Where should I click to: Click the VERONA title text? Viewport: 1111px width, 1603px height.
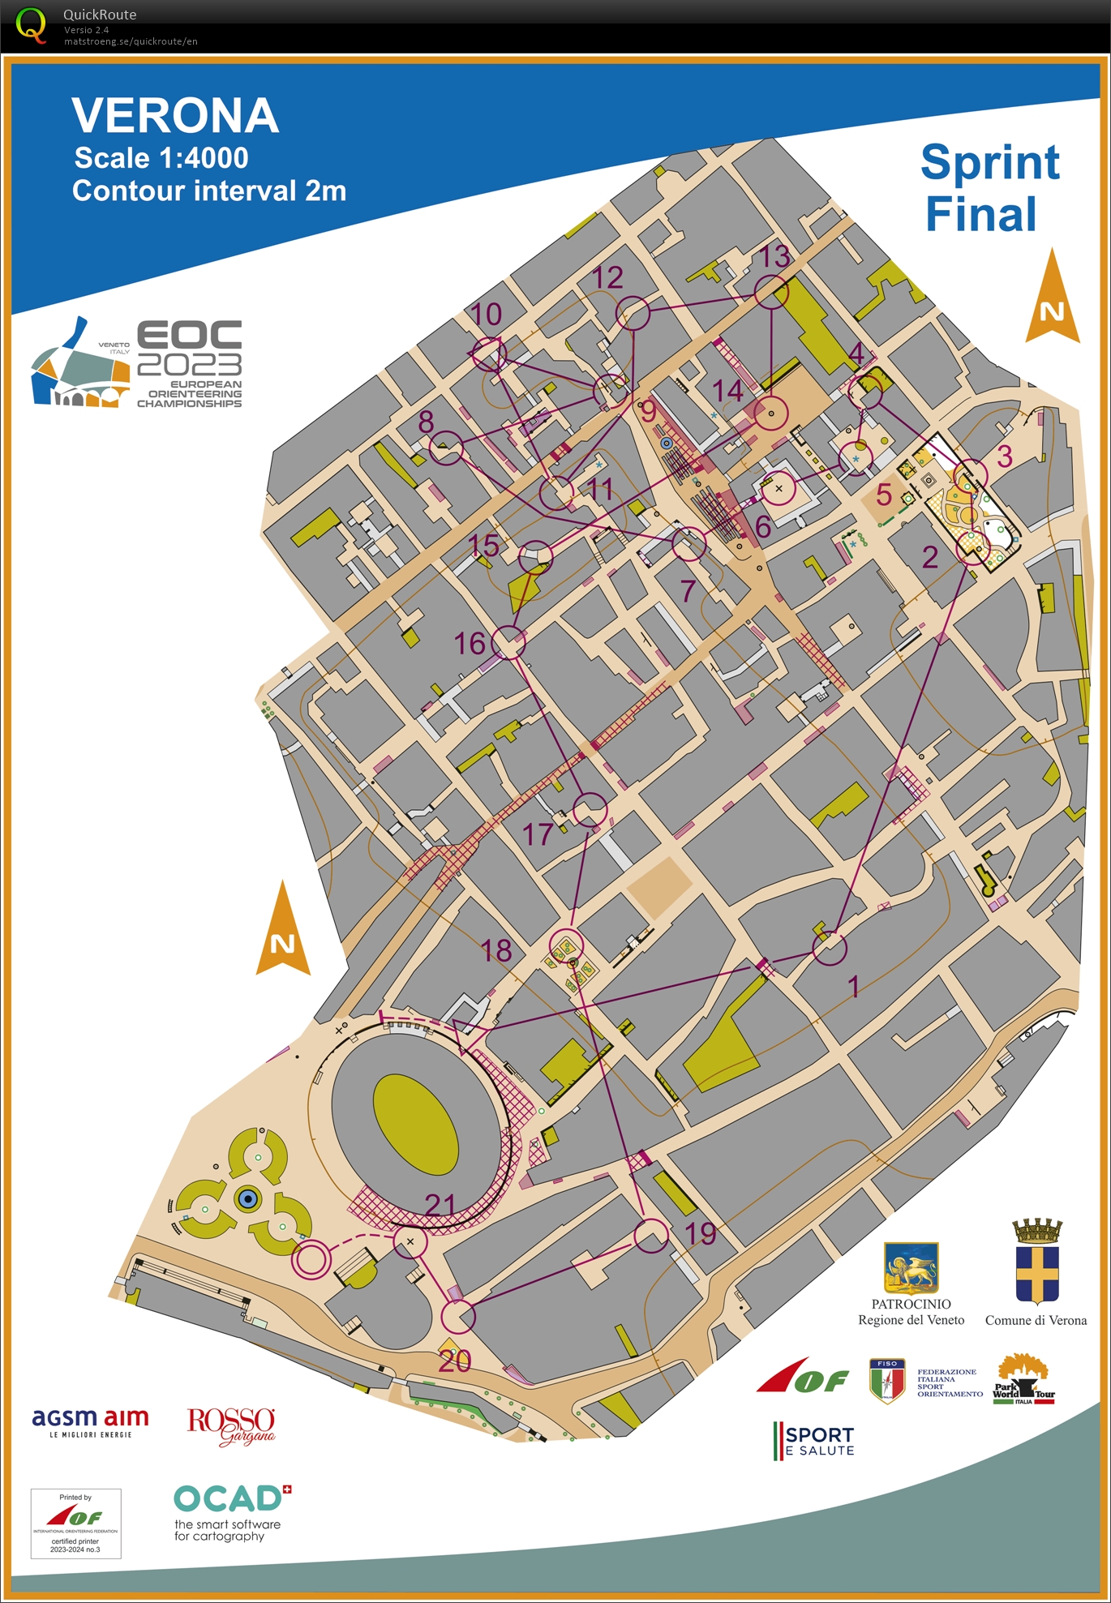pos(175,115)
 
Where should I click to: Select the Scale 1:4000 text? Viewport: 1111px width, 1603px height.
pos(161,158)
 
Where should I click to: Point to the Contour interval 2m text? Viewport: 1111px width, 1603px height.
pos(209,191)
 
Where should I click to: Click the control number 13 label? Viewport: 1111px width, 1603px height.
pos(774,257)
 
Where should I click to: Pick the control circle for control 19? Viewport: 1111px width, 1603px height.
pos(650,1235)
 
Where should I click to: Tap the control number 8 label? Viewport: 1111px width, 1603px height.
pos(426,422)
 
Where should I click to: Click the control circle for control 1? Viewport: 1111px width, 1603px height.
pos(830,948)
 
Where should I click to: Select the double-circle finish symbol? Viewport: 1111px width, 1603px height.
pos(311,1260)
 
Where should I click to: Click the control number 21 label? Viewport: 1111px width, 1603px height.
pos(440,1205)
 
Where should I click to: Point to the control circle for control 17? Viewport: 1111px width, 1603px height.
pos(590,810)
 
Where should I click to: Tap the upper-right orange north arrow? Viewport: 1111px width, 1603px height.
pos(1052,298)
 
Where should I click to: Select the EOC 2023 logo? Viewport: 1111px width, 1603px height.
pos(137,363)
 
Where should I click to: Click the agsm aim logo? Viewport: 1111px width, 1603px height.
pos(90,1421)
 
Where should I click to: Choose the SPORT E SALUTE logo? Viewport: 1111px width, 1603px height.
pos(814,1441)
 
